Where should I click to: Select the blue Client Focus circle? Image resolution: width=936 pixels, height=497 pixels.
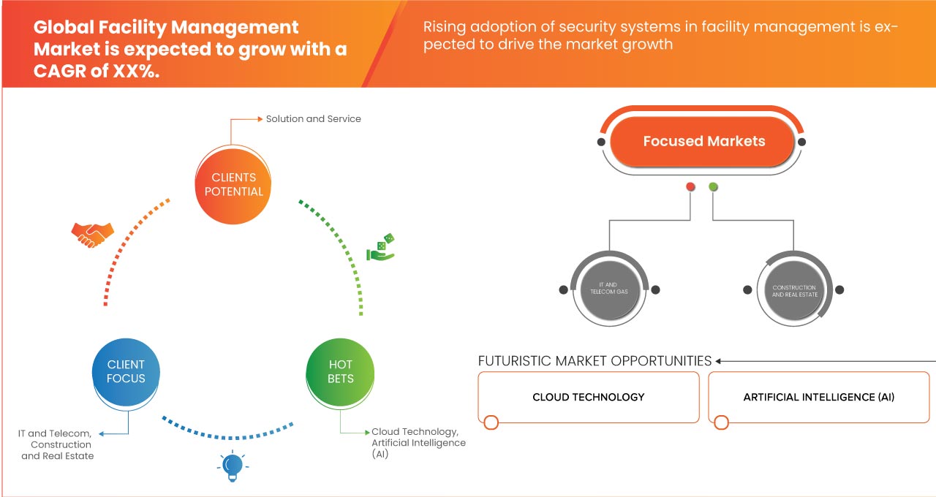pyautogui.click(x=126, y=371)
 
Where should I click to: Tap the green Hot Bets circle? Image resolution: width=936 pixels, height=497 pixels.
pyautogui.click(x=340, y=371)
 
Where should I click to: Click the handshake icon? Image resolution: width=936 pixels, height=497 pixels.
pyautogui.click(x=92, y=234)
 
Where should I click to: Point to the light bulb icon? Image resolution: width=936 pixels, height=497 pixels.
pyautogui.click(x=232, y=466)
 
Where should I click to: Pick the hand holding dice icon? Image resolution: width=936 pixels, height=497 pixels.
pyautogui.click(x=380, y=248)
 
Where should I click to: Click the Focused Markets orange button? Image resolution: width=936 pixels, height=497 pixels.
pyautogui.click(x=703, y=141)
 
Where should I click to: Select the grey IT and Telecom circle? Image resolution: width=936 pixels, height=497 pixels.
pyautogui.click(x=608, y=290)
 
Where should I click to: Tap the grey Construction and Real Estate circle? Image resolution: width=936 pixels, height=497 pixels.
pyautogui.click(x=793, y=290)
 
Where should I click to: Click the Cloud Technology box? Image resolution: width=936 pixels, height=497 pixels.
pyautogui.click(x=588, y=397)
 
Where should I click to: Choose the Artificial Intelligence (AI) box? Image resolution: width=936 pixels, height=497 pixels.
pyautogui.click(x=818, y=397)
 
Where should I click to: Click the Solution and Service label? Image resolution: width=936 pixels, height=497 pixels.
pyautogui.click(x=313, y=118)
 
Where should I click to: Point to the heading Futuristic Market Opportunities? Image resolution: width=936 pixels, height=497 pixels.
pyautogui.click(x=595, y=361)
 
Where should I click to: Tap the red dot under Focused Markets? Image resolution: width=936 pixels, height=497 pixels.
pyautogui.click(x=690, y=187)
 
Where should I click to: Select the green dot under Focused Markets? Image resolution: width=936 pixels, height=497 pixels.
pyautogui.click(x=713, y=187)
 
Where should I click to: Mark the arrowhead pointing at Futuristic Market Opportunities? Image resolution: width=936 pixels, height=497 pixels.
pyautogui.click(x=719, y=361)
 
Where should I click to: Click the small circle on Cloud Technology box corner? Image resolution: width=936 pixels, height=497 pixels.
pyautogui.click(x=491, y=422)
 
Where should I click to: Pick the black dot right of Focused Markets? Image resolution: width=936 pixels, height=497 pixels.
pyautogui.click(x=801, y=142)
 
